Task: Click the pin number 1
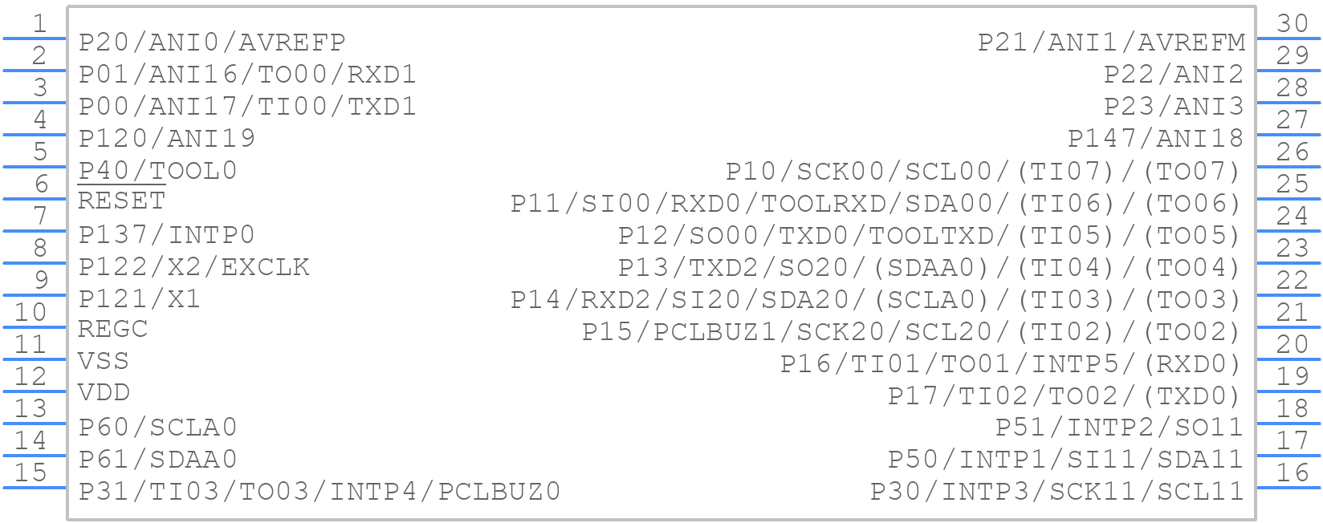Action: coord(39,23)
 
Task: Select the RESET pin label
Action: coord(122,201)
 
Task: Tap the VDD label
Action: coord(104,392)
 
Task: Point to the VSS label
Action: coord(104,361)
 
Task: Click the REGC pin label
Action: coord(113,329)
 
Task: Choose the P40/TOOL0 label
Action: coord(157,171)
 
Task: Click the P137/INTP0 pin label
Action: coord(166,235)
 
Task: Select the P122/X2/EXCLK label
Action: coord(193,267)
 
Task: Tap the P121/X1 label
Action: coord(140,298)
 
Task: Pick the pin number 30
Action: coord(1292,23)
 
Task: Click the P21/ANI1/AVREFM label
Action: coord(1112,43)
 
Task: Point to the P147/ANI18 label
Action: coord(1156,139)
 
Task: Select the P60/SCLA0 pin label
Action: coord(157,427)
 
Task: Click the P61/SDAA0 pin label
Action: coord(157,459)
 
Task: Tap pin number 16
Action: coord(1292,472)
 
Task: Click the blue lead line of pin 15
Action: coord(35,488)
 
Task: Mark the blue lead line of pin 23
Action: coord(1288,263)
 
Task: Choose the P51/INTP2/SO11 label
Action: coord(1120,427)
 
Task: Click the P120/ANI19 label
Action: coord(166,139)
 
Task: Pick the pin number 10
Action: coord(31,312)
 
